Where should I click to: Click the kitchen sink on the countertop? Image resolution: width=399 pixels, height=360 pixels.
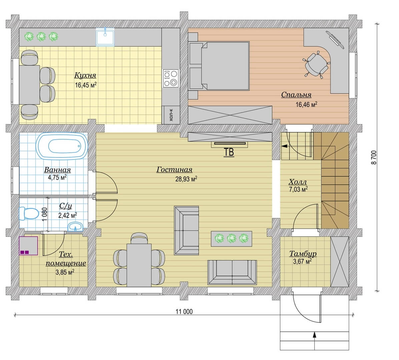pyautogui.click(x=105, y=37)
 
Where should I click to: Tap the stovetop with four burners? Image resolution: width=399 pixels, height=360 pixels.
pyautogui.click(x=171, y=78)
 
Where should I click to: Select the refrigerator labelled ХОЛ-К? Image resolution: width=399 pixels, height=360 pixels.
pyautogui.click(x=171, y=115)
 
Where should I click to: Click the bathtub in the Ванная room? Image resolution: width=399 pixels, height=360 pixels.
pyautogui.click(x=62, y=146)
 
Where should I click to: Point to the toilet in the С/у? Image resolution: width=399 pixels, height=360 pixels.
pyautogui.click(x=29, y=213)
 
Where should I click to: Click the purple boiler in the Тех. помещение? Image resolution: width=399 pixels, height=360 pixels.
pyautogui.click(x=28, y=246)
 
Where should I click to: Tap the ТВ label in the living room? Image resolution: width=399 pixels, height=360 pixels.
pyautogui.click(x=229, y=152)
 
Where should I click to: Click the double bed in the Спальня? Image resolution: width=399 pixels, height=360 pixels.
pyautogui.click(x=219, y=66)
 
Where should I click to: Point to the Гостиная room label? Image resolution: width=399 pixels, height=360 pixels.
pyautogui.click(x=174, y=170)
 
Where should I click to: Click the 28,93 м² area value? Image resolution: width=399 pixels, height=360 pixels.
pyautogui.click(x=186, y=179)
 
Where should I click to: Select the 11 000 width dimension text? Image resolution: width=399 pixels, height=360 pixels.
pyautogui.click(x=184, y=311)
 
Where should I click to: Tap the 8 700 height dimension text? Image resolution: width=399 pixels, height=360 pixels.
pyautogui.click(x=374, y=158)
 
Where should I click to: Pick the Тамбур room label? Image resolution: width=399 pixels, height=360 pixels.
pyautogui.click(x=303, y=253)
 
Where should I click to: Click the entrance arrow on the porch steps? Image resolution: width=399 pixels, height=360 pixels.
pyautogui.click(x=315, y=341)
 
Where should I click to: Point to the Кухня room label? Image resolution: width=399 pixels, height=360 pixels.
pyautogui.click(x=85, y=75)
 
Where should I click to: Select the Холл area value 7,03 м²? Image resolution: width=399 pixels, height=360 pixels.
pyautogui.click(x=298, y=189)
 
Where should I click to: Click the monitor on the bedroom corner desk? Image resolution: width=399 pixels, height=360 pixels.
pyautogui.click(x=335, y=40)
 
